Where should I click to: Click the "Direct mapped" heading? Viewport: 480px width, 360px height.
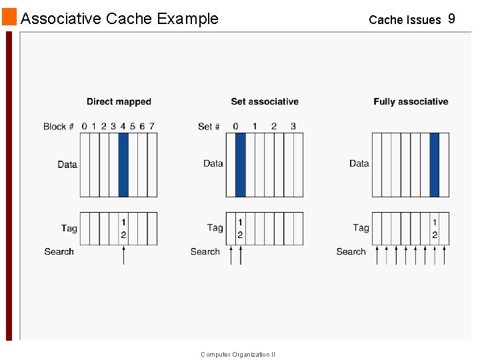(x=119, y=102)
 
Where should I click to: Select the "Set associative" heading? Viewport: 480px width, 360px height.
(x=265, y=102)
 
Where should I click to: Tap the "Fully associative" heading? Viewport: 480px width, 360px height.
(x=411, y=102)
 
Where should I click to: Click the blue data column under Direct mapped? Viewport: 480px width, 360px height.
(x=123, y=165)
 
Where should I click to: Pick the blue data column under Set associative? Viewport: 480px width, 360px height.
(x=240, y=165)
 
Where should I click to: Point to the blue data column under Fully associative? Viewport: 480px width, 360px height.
(x=435, y=165)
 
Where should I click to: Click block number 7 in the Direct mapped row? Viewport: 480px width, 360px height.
(x=152, y=126)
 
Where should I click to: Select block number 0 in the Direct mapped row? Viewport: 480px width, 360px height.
(x=84, y=126)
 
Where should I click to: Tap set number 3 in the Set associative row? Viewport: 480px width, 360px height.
(x=293, y=126)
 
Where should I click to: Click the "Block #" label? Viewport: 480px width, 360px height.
(x=59, y=127)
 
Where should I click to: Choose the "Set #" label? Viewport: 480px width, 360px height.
(x=209, y=127)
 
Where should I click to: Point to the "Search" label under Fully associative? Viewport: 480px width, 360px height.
(x=351, y=252)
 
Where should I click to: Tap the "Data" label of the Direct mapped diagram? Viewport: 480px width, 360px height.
(x=67, y=165)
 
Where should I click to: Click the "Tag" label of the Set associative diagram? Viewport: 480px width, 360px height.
(x=215, y=228)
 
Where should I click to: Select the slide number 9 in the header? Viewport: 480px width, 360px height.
(x=451, y=19)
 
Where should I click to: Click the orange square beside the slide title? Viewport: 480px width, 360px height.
(x=9, y=17)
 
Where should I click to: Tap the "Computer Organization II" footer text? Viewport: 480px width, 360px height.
(x=238, y=355)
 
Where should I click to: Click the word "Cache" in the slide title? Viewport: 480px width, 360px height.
(x=129, y=19)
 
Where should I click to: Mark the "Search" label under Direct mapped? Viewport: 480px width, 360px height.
(x=59, y=252)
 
